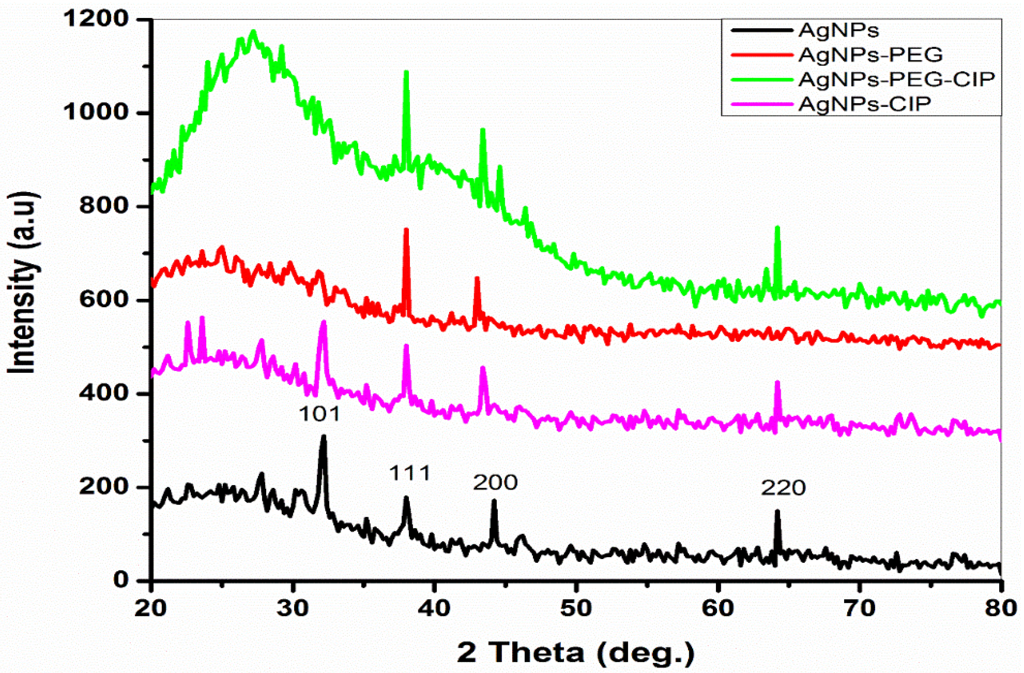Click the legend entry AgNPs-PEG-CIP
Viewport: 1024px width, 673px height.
(897, 79)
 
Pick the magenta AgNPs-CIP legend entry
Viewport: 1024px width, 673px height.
(865, 104)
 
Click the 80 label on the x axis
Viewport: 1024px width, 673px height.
(1000, 608)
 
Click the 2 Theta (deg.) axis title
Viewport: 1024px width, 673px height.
(576, 652)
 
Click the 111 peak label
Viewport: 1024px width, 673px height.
(410, 473)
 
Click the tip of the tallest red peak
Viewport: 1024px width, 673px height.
(406, 230)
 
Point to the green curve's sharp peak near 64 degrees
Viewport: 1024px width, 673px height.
(777, 228)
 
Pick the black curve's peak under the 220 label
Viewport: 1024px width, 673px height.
(777, 511)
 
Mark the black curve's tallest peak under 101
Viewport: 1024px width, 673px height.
(323, 437)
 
